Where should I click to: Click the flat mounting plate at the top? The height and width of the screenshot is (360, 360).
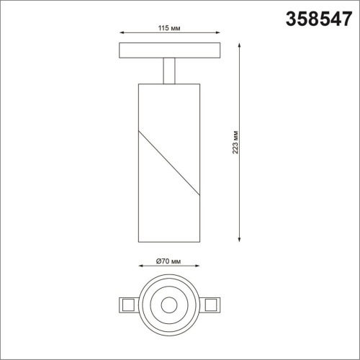pos(169,50)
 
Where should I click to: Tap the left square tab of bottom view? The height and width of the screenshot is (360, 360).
pos(127,304)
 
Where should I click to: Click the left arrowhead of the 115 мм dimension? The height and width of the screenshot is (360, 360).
pos(120,32)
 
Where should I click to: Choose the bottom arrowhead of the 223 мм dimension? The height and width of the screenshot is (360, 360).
pos(238,239)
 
